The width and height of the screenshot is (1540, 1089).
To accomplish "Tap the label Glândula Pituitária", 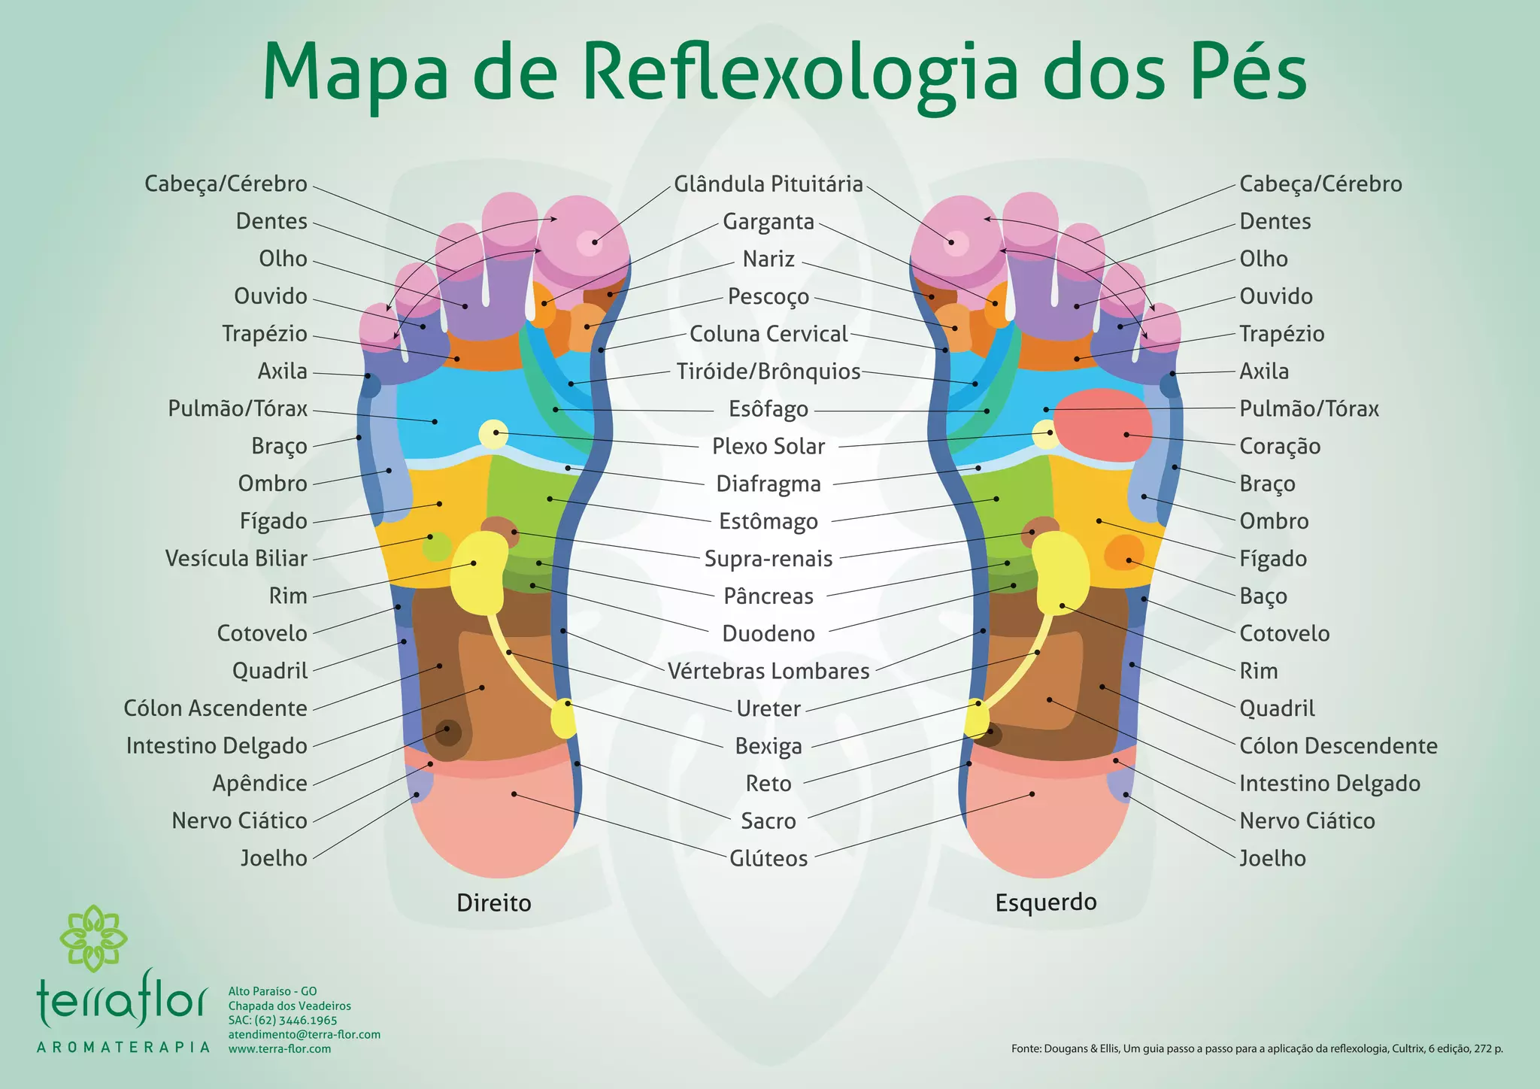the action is coord(768,184).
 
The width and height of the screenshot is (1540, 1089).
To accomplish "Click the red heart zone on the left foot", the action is coord(1103,425).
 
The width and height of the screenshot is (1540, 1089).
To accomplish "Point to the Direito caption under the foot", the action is coord(494,902).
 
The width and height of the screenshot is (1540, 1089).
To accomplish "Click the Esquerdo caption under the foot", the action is coord(1046,902).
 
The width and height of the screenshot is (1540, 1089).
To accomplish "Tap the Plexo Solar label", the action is coord(768,446).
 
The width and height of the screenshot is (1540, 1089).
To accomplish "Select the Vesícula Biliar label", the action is coord(236,558).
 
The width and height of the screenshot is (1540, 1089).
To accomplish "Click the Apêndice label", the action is coord(259,783).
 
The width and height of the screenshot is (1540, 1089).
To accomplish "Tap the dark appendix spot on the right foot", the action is coord(449,731).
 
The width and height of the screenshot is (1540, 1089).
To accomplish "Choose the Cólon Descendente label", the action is coord(1338,745).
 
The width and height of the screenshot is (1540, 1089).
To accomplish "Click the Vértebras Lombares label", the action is coord(768,671).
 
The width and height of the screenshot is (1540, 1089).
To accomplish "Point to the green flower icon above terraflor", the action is coord(93,938).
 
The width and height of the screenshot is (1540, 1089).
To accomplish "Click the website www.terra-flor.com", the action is coord(280,1048).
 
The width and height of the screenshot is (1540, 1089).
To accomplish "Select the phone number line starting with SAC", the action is coord(283,1021).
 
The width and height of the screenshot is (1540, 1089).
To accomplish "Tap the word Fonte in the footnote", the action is coord(1026,1048).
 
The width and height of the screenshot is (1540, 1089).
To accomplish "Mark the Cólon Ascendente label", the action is coord(216,708).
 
